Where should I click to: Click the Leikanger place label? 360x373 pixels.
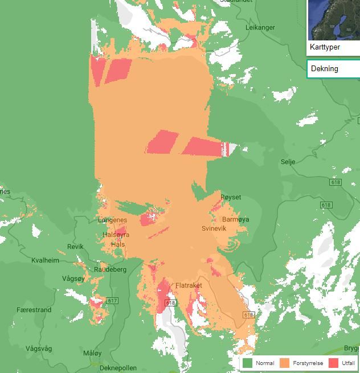[x=260, y=27]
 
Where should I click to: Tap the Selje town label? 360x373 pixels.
[x=288, y=162]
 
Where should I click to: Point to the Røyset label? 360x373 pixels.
[x=231, y=198]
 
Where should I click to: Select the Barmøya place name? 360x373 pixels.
[x=235, y=219]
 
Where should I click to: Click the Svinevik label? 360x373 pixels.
[x=214, y=228]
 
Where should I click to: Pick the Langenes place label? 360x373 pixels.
[x=113, y=220]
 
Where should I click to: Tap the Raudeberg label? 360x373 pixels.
[x=110, y=269]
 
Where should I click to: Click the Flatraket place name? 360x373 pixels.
[x=189, y=285]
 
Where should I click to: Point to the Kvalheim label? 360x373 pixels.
[x=44, y=260]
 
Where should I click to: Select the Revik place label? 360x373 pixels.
[x=75, y=247]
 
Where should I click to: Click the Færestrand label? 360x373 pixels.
[x=34, y=310]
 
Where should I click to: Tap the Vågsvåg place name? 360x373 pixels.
[x=39, y=348]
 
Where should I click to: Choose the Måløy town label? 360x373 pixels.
[x=92, y=353]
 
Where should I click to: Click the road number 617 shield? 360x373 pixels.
[x=112, y=301]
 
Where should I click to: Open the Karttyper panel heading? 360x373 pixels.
[x=325, y=47]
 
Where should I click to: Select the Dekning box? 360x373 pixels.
[x=333, y=69]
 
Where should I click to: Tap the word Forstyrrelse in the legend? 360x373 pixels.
[x=308, y=363]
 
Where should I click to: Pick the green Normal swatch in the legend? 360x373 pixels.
[x=247, y=363]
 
